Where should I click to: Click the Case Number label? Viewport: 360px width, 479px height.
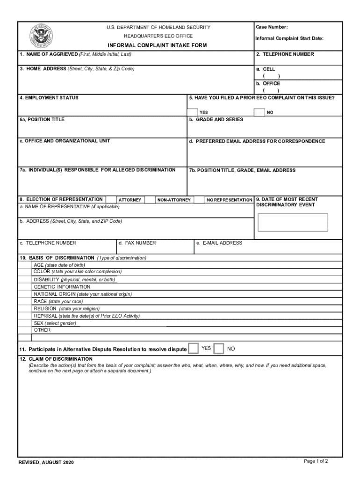pos(272,27)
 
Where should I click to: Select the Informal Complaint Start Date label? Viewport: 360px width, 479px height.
pos(289,38)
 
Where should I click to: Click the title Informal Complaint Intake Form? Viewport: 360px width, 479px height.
pos(157,45)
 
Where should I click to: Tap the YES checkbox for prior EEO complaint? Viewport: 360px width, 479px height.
pos(192,112)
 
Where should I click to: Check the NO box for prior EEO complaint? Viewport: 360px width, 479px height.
pos(259,112)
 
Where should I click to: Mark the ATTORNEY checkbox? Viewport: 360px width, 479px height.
pos(111,200)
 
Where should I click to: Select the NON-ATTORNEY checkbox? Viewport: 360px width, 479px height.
pos(150,200)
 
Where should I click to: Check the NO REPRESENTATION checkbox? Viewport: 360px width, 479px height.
pos(199,200)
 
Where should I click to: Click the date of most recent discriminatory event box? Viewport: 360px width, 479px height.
pos(293,222)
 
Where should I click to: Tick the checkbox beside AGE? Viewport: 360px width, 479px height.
pos(25,265)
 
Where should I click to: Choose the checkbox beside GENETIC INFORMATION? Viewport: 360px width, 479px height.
pos(25,287)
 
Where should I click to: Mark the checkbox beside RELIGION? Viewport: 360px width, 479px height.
pos(25,309)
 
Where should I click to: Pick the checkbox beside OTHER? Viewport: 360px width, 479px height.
pos(25,330)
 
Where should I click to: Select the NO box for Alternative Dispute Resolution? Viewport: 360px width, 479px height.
pos(218,349)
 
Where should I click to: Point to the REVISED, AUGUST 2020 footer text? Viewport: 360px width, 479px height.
pos(46,463)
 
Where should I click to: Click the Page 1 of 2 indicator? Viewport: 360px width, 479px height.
pos(316,461)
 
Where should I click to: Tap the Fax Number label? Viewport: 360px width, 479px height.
pos(137,243)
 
